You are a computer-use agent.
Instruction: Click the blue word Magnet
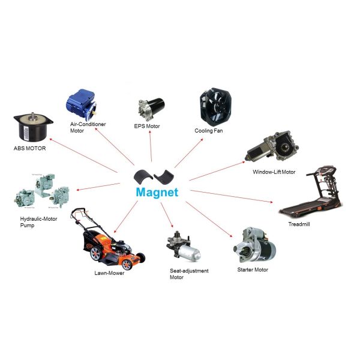coord(157,193)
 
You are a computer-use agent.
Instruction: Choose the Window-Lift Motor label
coord(274,172)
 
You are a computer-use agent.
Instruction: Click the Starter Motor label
coord(253,270)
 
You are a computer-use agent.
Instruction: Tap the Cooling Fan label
coord(209,130)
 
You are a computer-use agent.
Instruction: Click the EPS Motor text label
coord(148,127)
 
